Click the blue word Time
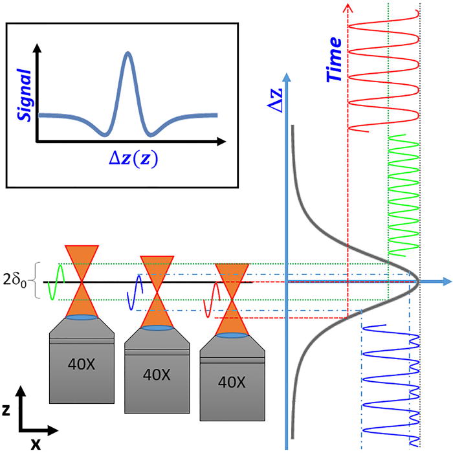coord(335,63)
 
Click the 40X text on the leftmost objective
coord(82,363)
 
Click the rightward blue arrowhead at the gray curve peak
coord(446,282)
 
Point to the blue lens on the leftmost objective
coord(82,318)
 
